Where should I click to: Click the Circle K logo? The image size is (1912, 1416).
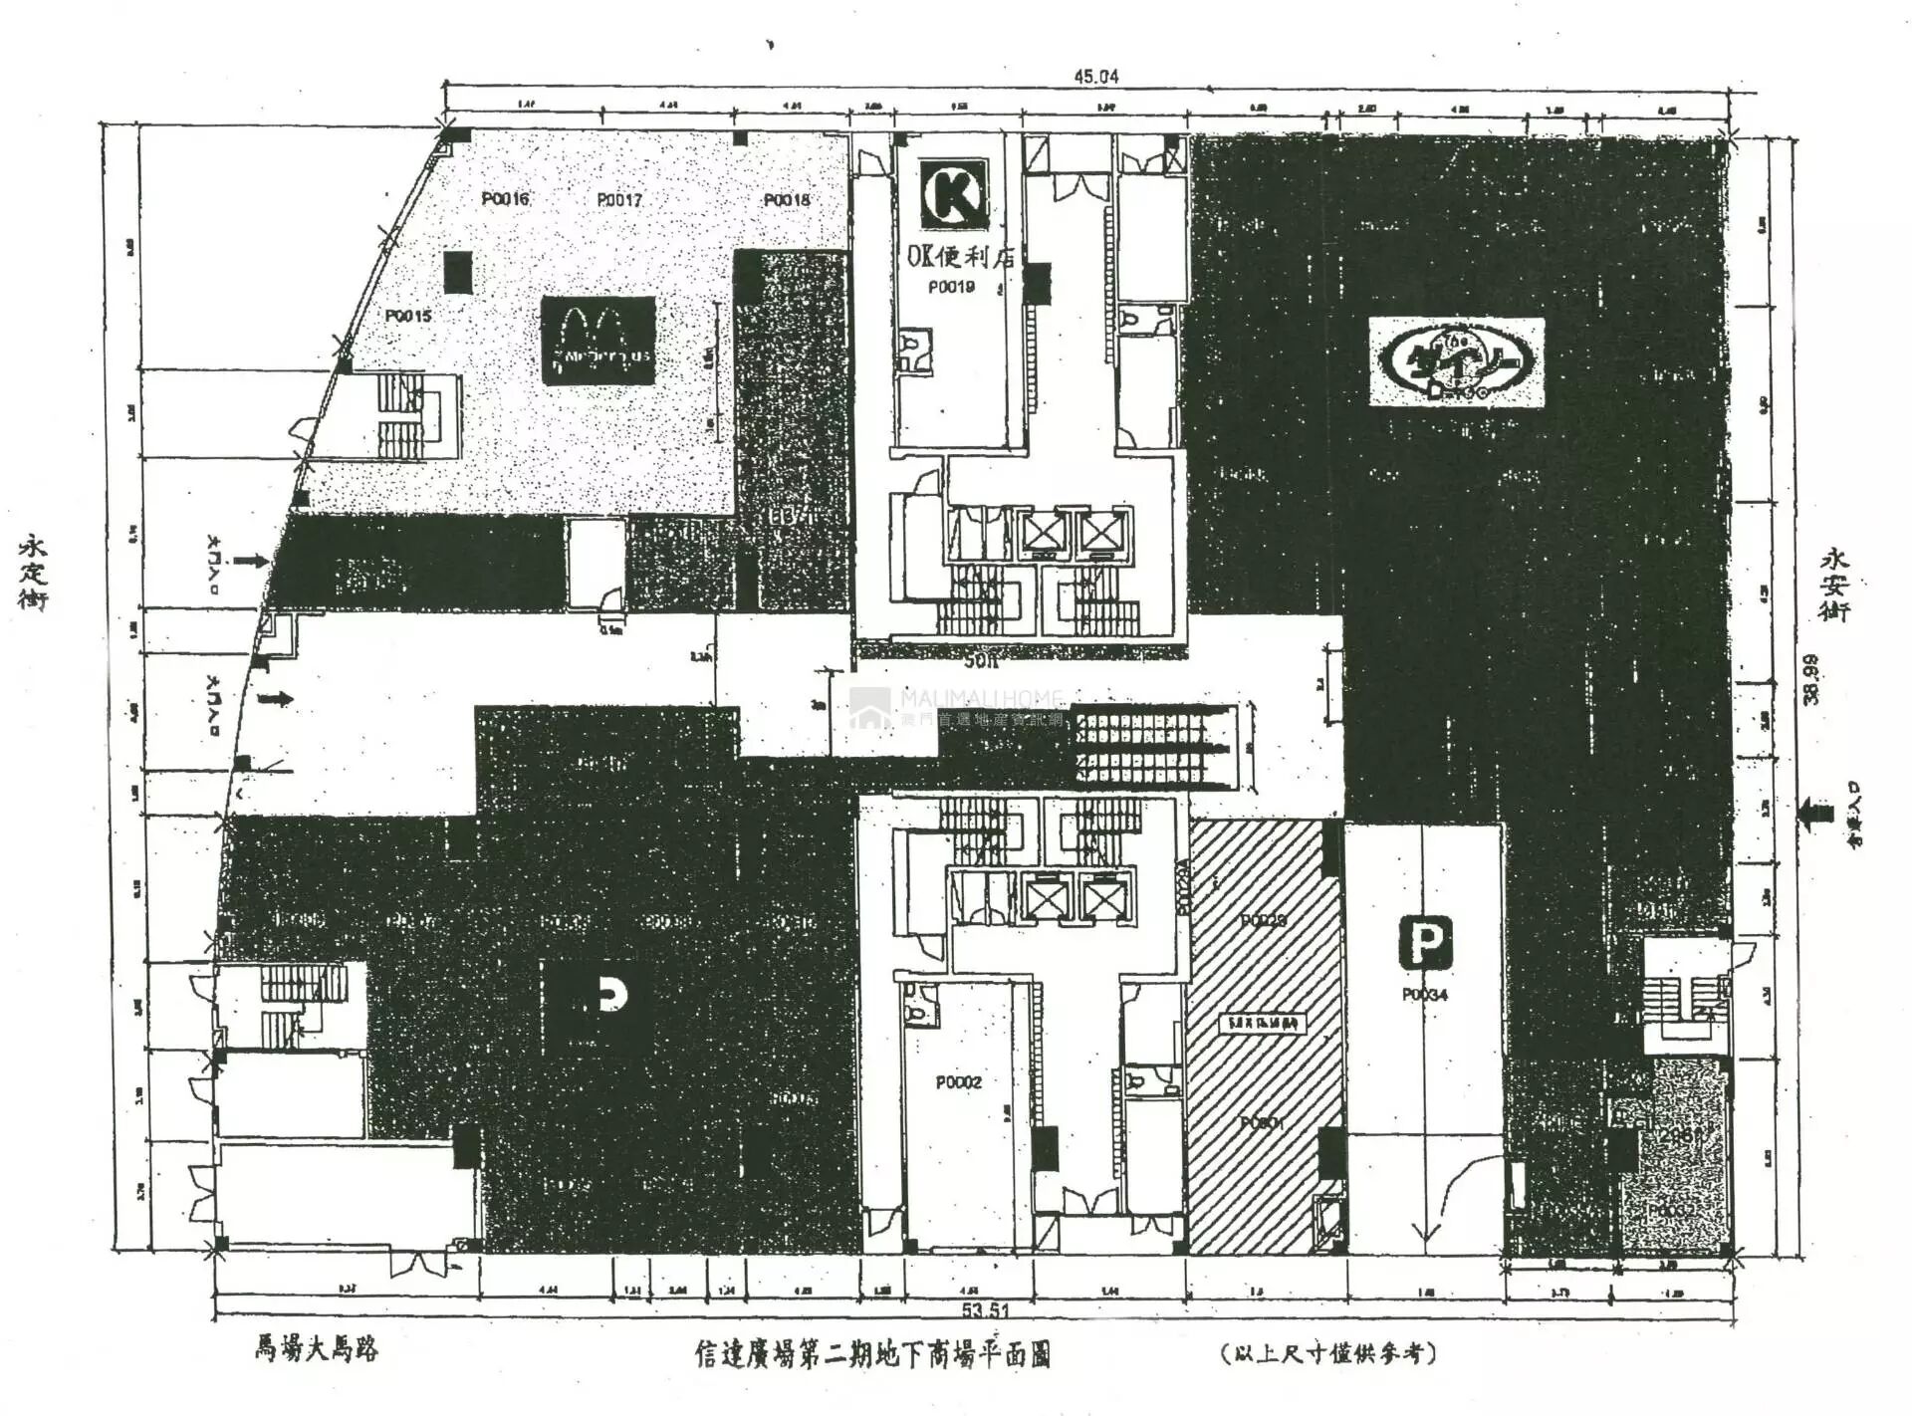[954, 195]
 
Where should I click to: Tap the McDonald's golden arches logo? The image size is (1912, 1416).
[597, 340]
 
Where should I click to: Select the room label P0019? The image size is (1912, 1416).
[951, 287]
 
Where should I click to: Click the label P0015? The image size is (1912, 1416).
[408, 316]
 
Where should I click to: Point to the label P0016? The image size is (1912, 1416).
[505, 199]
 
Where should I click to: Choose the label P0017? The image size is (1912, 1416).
[619, 200]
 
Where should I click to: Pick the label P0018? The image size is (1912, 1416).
[787, 200]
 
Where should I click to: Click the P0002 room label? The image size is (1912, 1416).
[958, 1082]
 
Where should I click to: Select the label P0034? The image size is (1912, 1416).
[1425, 995]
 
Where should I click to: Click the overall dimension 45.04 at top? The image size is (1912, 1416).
[1095, 76]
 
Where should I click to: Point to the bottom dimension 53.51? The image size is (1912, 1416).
[986, 1309]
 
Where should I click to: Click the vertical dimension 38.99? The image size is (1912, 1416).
[1809, 680]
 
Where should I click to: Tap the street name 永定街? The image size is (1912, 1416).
[33, 573]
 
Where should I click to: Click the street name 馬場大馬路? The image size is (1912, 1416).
[316, 1349]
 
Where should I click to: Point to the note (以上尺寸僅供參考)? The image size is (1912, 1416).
[1329, 1353]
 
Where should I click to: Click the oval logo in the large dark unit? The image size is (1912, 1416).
[1456, 361]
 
